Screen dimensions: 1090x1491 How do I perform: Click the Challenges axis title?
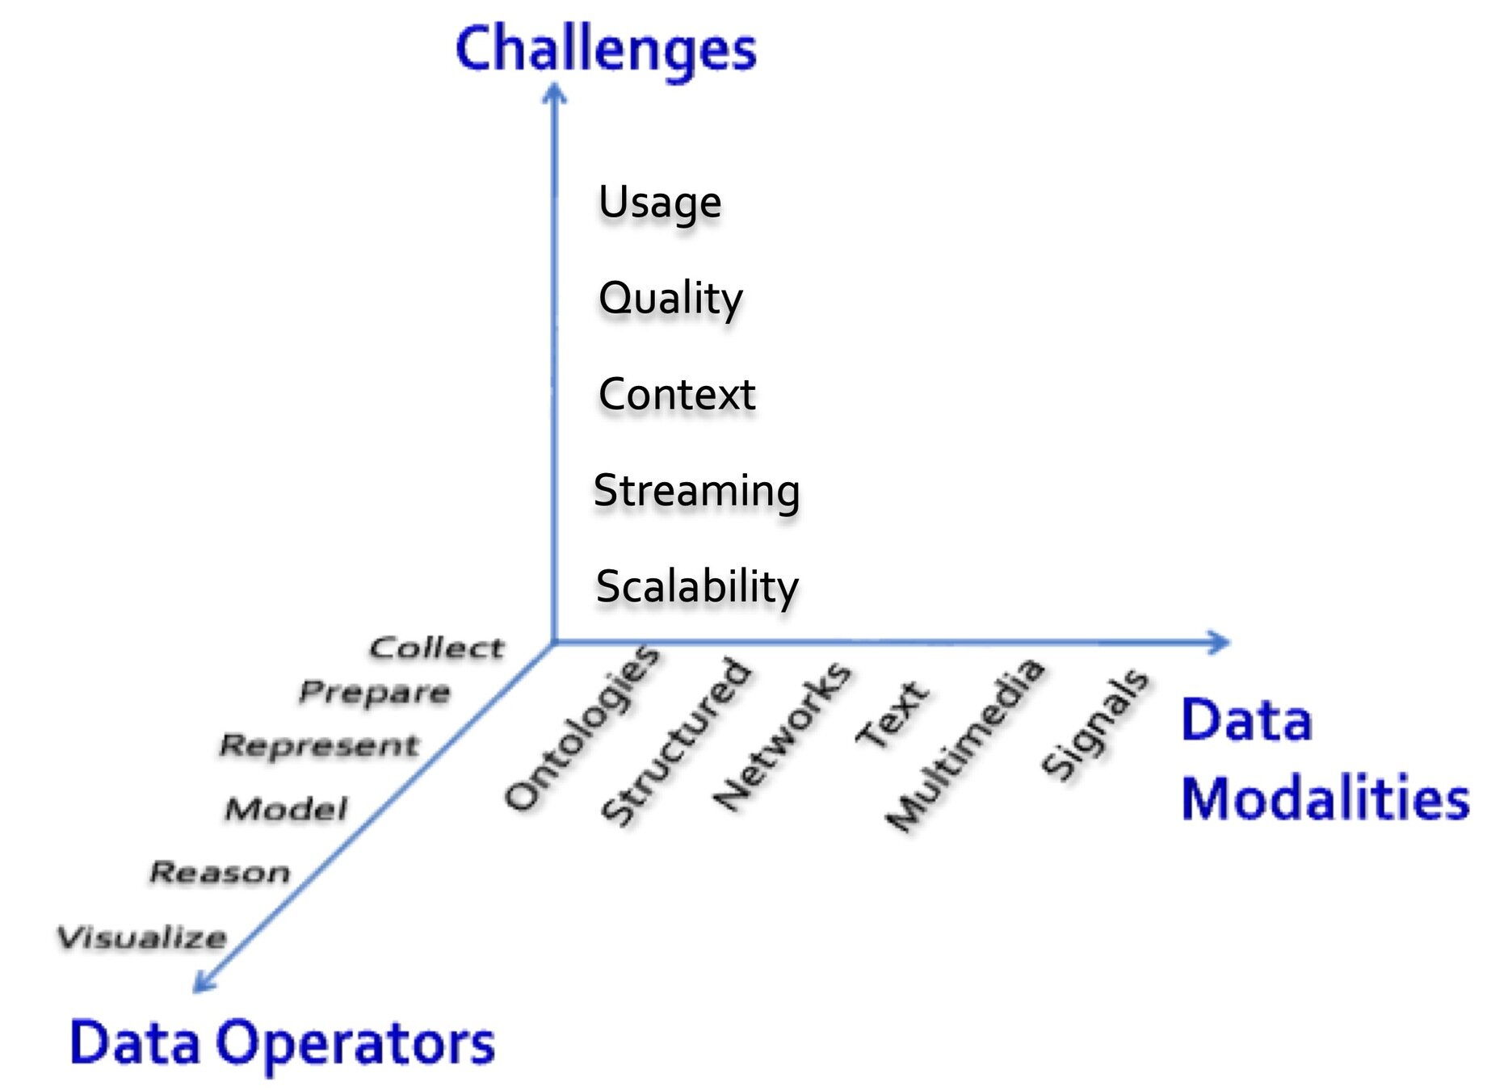(606, 50)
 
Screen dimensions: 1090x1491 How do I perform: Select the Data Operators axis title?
(282, 1042)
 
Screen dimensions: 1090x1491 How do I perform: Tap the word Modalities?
(1325, 799)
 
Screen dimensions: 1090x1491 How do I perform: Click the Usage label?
(660, 202)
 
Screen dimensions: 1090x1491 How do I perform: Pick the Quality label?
(670, 299)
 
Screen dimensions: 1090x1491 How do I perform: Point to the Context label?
(677, 395)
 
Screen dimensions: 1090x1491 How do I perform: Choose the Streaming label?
(696, 491)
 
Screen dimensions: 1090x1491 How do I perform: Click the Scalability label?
(697, 587)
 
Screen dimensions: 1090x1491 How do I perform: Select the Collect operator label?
(437, 648)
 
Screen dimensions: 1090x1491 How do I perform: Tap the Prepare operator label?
(375, 692)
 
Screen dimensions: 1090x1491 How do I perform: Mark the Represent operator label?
(320, 745)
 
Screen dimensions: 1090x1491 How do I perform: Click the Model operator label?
(287, 808)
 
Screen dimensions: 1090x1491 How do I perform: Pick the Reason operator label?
(220, 872)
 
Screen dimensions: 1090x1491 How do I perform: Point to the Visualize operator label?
(142, 937)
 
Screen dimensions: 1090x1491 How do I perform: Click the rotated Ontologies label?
(582, 727)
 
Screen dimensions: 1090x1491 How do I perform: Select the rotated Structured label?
(677, 741)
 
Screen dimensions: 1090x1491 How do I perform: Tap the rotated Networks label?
(782, 735)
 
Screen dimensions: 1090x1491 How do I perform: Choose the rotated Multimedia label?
(964, 744)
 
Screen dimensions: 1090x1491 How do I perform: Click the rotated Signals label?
(1095, 724)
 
